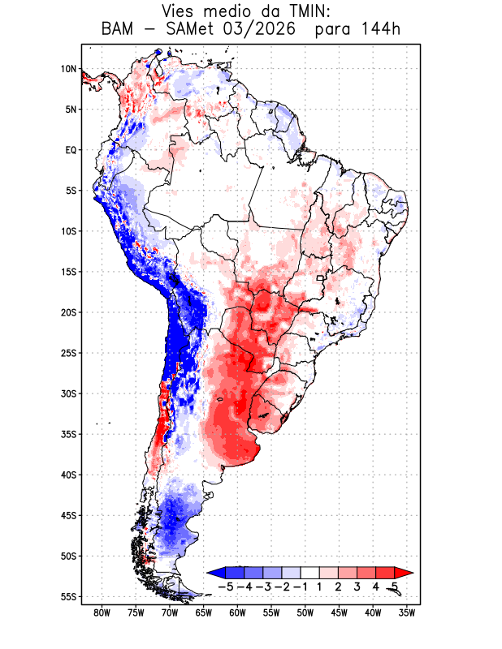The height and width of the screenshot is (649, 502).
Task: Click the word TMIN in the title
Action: (309, 11)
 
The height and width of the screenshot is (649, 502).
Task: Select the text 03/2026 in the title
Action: (260, 29)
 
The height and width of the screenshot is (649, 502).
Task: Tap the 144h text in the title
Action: (381, 29)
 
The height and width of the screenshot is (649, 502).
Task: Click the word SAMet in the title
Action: (190, 29)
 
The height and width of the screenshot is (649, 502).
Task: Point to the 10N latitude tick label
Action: (68, 69)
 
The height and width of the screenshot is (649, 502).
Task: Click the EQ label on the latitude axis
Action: (71, 150)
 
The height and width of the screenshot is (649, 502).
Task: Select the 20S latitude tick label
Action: (68, 312)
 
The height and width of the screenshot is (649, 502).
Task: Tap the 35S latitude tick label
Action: (68, 434)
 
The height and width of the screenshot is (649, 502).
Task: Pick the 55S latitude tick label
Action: (68, 597)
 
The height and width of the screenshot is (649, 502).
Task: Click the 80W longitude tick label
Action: (102, 613)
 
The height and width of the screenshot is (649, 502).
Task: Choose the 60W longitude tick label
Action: (237, 613)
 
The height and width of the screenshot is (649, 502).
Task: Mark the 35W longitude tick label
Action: (407, 613)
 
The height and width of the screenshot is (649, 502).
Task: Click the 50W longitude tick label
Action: (305, 613)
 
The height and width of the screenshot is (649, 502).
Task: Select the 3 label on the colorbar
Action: (357, 587)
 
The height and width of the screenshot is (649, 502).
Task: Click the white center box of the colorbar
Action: (310, 573)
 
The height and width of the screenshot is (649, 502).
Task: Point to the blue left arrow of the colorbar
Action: (216, 573)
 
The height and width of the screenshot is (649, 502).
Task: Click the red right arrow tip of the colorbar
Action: (413, 573)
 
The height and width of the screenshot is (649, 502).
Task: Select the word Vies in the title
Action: (177, 11)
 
